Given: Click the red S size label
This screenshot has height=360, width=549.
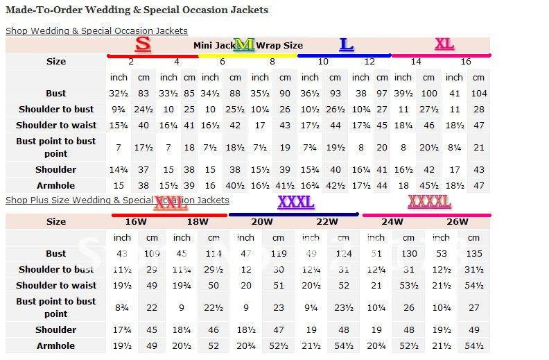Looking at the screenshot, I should (143, 44).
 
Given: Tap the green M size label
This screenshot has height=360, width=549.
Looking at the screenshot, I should (243, 45).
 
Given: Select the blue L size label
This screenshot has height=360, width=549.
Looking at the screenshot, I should (346, 45).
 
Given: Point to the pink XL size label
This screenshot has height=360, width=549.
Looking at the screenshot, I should (444, 44).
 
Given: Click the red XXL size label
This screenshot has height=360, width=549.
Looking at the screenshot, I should (171, 203).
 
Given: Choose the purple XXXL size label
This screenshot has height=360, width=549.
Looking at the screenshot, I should (295, 202).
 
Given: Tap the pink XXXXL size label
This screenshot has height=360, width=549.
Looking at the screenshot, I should (429, 201).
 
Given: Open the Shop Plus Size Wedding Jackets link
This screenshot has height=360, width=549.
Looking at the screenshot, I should (117, 200).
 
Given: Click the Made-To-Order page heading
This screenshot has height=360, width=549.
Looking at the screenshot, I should (137, 10).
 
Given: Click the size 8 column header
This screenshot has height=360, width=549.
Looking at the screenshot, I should (272, 62).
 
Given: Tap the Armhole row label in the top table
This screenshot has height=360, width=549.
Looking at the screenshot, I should (56, 185).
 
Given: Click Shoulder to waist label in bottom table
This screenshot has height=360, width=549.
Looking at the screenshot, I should (56, 285).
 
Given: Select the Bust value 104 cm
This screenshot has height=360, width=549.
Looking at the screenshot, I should (478, 94).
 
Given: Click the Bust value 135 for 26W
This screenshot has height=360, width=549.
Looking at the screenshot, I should (474, 253).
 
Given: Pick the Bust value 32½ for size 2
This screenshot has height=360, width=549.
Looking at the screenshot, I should (119, 94).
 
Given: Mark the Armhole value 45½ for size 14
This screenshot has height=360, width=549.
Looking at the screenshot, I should (428, 185).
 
